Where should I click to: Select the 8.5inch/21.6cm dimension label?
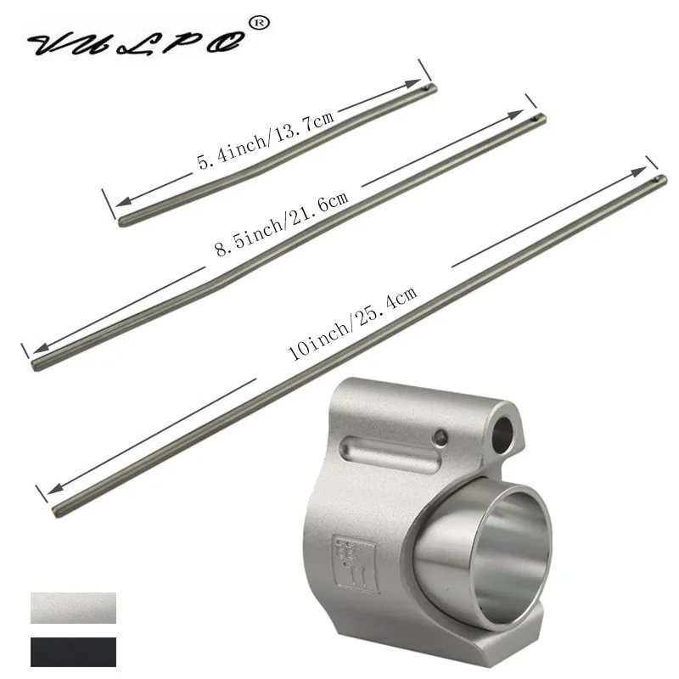point(281,222)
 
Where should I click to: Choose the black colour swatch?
point(73,653)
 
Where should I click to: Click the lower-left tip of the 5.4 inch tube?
point(124,222)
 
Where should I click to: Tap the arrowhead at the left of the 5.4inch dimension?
point(119,202)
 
